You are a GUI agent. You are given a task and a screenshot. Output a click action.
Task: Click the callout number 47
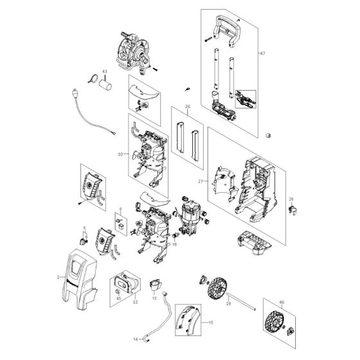point(279,53)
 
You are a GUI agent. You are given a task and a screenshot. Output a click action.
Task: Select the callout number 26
point(188,107)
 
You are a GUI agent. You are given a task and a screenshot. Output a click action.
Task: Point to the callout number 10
point(120,155)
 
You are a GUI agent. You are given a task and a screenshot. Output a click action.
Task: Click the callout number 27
point(201,182)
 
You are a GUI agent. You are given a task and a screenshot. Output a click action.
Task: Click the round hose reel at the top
point(133,50)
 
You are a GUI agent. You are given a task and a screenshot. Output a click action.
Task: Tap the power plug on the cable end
point(76,94)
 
